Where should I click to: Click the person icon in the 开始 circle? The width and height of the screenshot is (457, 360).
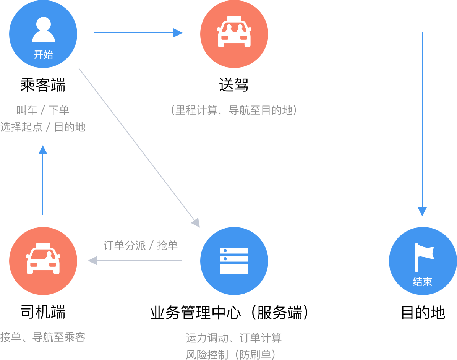(x=44, y=29)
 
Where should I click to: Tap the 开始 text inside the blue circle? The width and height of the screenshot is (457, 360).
(x=44, y=55)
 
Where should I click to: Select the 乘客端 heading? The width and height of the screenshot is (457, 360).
(x=43, y=85)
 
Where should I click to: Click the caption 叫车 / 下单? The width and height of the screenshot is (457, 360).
(x=43, y=110)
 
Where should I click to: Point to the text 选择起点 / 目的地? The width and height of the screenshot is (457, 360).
(x=43, y=127)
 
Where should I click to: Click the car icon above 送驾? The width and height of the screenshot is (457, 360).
(x=234, y=32)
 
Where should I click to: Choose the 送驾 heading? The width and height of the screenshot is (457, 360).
(x=234, y=85)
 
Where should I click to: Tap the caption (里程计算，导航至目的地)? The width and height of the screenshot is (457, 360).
(x=234, y=110)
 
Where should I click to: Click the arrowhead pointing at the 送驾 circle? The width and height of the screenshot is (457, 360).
(x=178, y=32)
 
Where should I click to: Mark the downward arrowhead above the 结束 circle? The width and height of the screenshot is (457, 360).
(x=422, y=211)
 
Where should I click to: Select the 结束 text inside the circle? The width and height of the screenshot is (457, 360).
(x=423, y=282)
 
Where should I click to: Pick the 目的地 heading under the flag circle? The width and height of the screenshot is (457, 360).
(x=423, y=313)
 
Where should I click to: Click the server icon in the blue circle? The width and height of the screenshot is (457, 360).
(x=234, y=261)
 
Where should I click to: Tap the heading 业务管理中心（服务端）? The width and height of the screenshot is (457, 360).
(x=229, y=313)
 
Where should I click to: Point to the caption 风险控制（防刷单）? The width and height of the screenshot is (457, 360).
(x=231, y=355)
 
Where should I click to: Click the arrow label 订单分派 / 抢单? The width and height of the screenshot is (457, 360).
(x=141, y=245)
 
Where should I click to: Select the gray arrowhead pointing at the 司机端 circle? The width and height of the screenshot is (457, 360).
(x=93, y=260)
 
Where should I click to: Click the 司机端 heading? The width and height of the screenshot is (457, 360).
(x=43, y=312)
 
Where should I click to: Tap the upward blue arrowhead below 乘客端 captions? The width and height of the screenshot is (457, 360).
(x=42, y=150)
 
